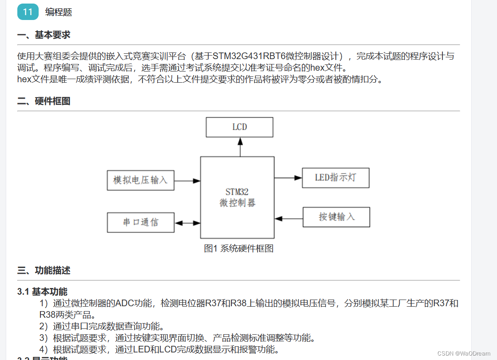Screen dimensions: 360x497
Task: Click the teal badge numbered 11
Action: (x=28, y=12)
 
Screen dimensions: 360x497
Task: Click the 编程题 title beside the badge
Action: (x=59, y=12)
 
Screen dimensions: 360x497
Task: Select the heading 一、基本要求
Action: (x=44, y=35)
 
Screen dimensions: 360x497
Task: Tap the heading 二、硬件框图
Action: (x=44, y=101)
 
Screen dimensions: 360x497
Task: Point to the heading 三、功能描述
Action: (x=44, y=270)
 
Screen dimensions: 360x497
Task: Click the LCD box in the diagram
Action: (x=239, y=127)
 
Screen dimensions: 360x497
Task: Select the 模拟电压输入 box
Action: (x=140, y=180)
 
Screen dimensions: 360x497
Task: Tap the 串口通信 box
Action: (x=140, y=222)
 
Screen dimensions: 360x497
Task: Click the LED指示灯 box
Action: (x=335, y=178)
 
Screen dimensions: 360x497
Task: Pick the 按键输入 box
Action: (x=336, y=217)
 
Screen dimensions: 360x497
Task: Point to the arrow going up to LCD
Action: (x=240, y=147)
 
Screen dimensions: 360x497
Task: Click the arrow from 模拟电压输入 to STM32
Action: (x=187, y=181)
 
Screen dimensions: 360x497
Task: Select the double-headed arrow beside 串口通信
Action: (x=187, y=223)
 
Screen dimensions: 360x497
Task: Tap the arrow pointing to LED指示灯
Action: (x=288, y=178)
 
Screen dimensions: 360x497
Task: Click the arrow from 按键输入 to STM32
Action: (x=289, y=218)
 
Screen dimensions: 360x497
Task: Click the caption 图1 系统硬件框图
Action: (x=239, y=248)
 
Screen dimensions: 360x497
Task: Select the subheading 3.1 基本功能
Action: (x=42, y=292)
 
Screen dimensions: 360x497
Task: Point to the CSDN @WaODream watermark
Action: (x=464, y=353)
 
